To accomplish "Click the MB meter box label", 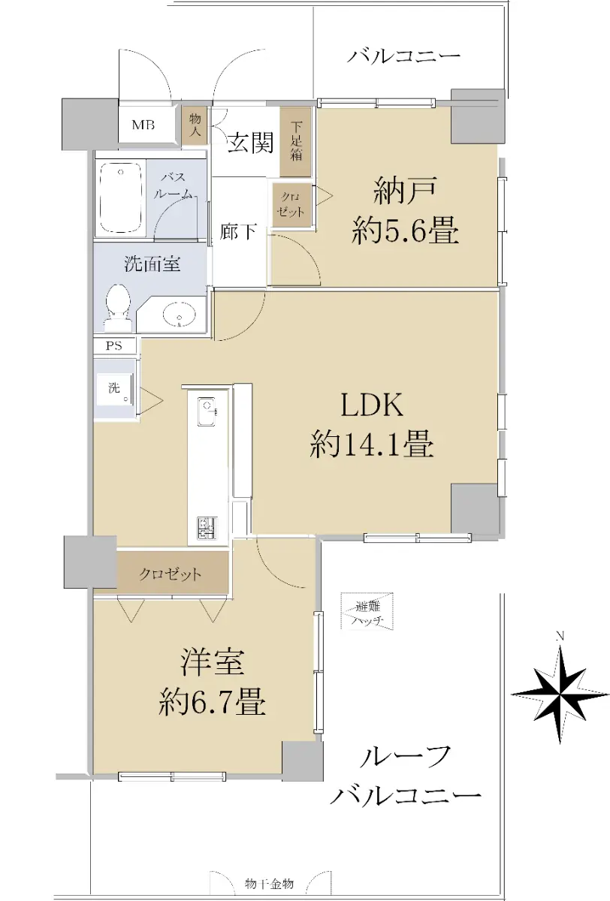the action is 143,125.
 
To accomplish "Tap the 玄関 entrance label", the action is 251,142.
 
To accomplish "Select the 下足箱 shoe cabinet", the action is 296,142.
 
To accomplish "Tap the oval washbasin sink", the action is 180,313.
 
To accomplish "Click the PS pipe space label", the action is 114,345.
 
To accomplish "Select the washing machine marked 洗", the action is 116,390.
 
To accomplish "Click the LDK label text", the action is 371,405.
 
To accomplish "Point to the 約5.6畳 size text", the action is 405,230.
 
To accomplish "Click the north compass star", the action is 560,694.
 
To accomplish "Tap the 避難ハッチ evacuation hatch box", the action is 367,611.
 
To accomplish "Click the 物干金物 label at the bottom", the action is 269,884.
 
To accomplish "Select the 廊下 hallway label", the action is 238,232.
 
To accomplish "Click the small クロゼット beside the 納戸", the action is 291,205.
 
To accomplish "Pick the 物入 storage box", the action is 195,125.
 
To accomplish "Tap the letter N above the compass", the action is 560,637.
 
